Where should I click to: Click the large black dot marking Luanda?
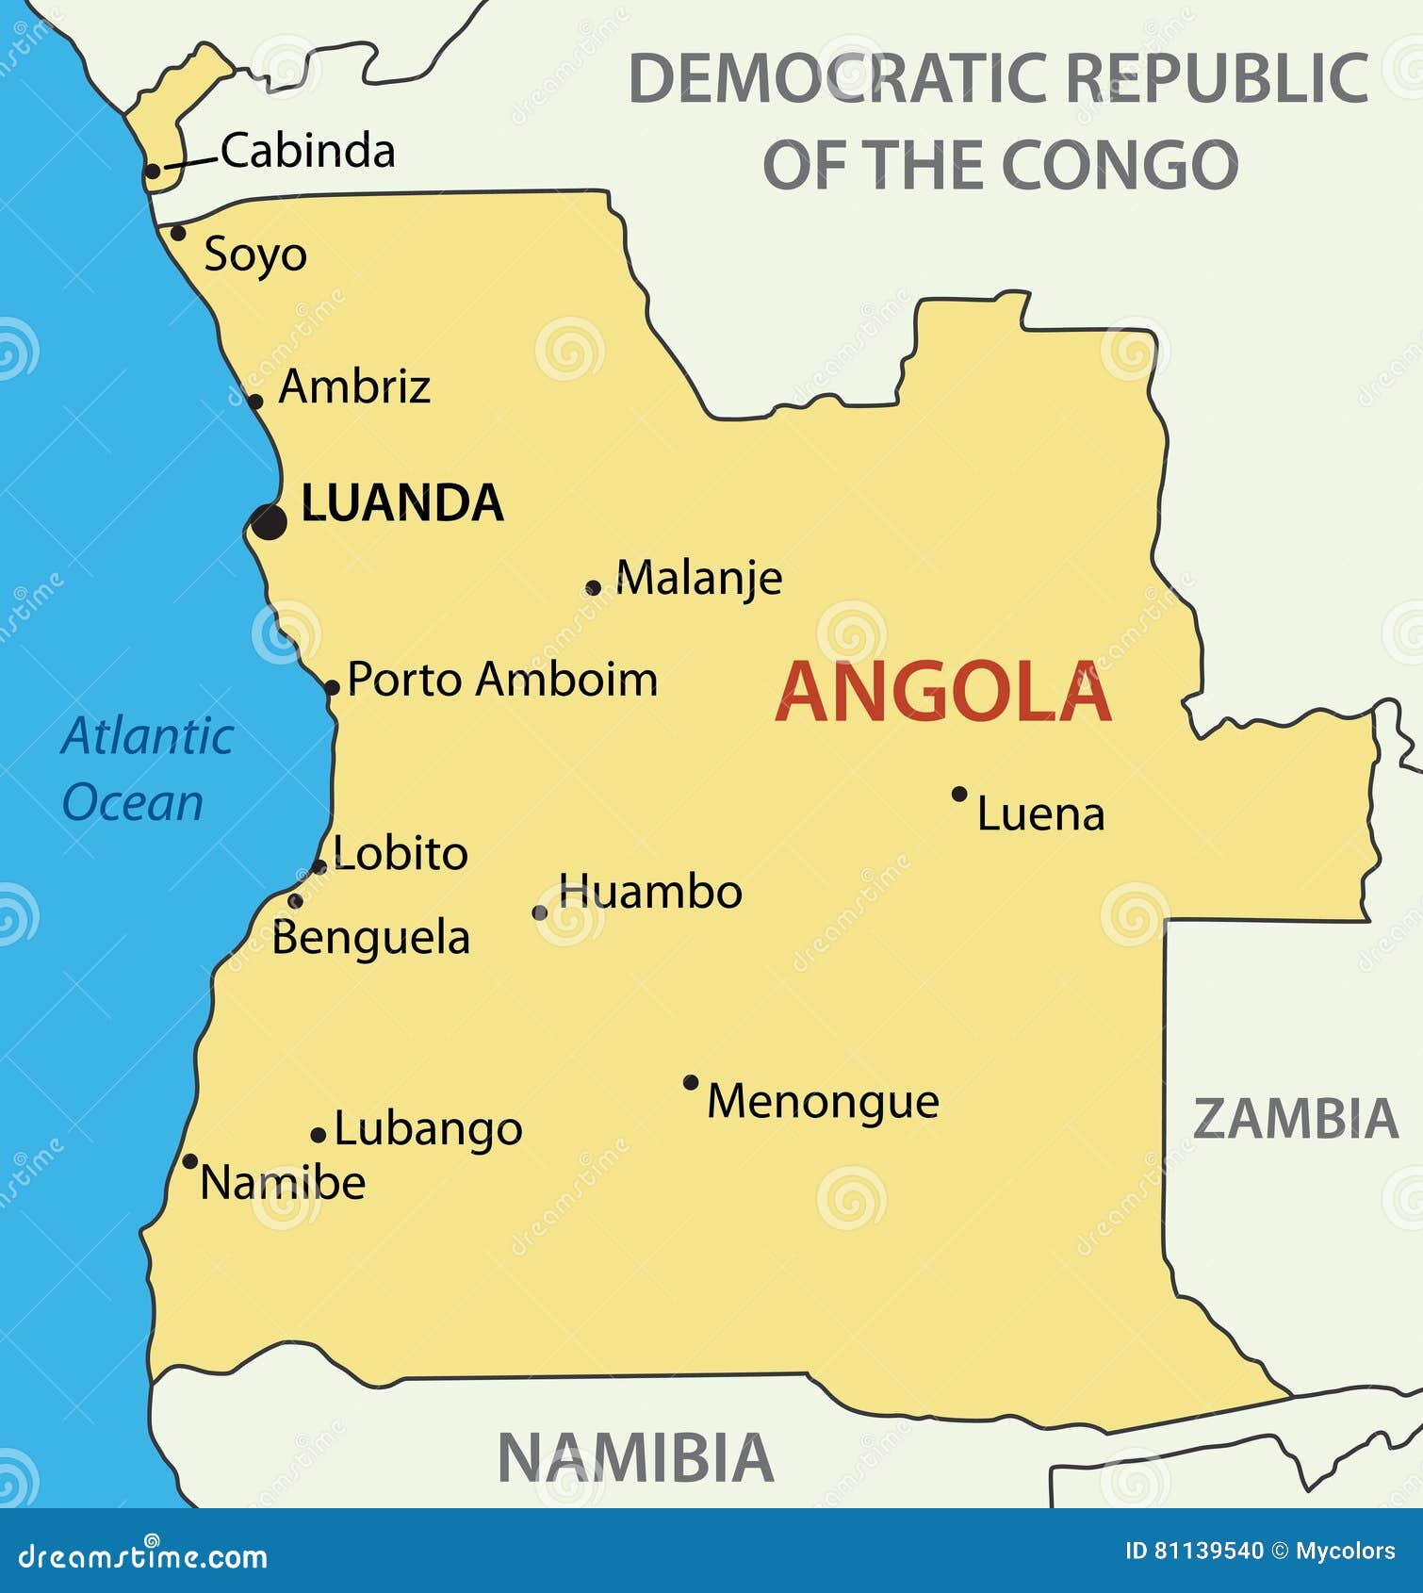point(269,521)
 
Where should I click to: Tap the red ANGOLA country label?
point(942,693)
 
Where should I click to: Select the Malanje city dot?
point(593,588)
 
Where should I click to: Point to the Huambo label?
point(650,892)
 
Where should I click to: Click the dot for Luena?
point(959,794)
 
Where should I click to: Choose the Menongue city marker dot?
point(691,1082)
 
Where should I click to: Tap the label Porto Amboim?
point(502,680)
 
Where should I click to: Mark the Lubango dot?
point(319,1136)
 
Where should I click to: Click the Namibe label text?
point(283,1183)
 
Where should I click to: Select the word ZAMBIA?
point(1296,1119)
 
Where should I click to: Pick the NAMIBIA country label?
point(635,1458)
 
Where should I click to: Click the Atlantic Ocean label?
point(146,768)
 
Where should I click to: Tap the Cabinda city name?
point(308,151)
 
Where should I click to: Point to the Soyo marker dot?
point(177,232)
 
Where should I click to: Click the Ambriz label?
point(354,386)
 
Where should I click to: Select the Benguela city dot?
point(295,901)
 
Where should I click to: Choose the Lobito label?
point(401,854)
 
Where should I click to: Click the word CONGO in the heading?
point(1119,165)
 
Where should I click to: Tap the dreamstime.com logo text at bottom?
point(143,1557)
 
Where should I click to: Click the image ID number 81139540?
point(1208,1551)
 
